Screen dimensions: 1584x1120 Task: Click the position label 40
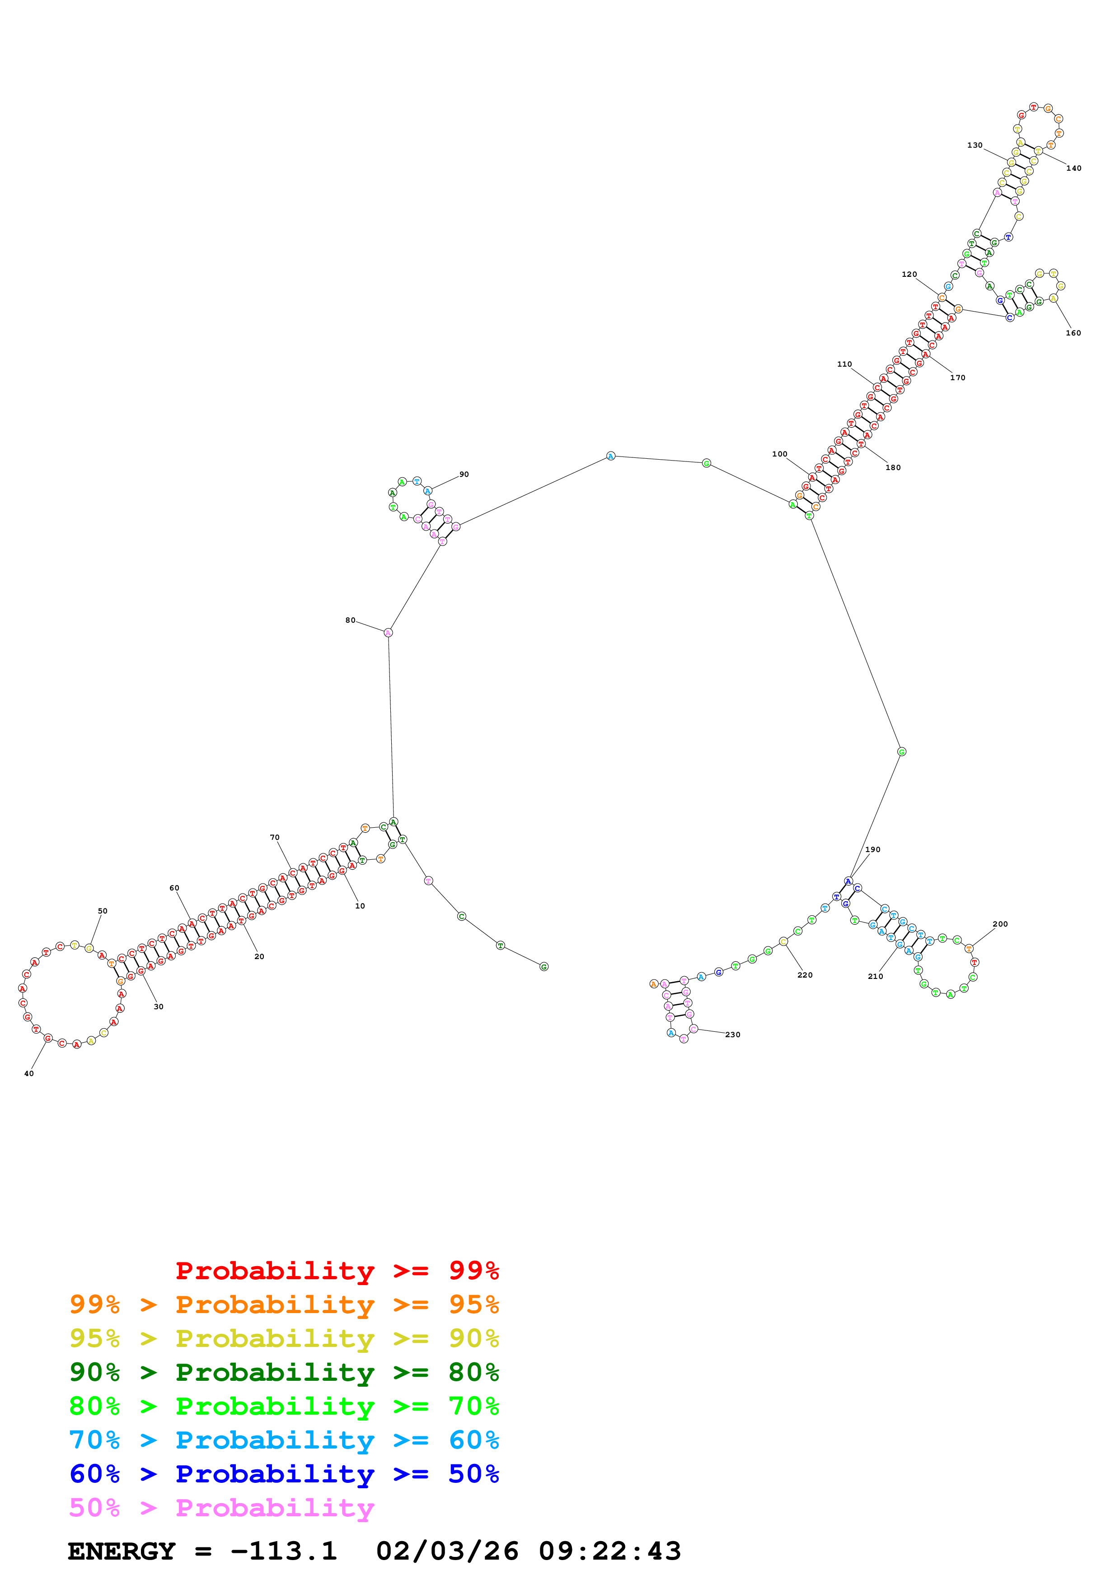tap(29, 1073)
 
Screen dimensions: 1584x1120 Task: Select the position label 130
tap(975, 145)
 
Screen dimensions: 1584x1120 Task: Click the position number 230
tap(733, 1035)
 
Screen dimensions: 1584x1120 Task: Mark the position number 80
tap(351, 620)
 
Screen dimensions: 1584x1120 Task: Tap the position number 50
tap(103, 911)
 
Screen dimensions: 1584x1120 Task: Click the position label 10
tap(360, 906)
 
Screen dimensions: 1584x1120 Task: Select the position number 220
tap(805, 975)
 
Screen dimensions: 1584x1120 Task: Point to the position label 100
tap(780, 454)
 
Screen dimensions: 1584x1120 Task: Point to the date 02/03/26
tap(447, 1551)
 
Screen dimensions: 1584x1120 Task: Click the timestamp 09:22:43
tap(610, 1551)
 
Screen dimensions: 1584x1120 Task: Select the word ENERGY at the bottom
tap(122, 1551)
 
